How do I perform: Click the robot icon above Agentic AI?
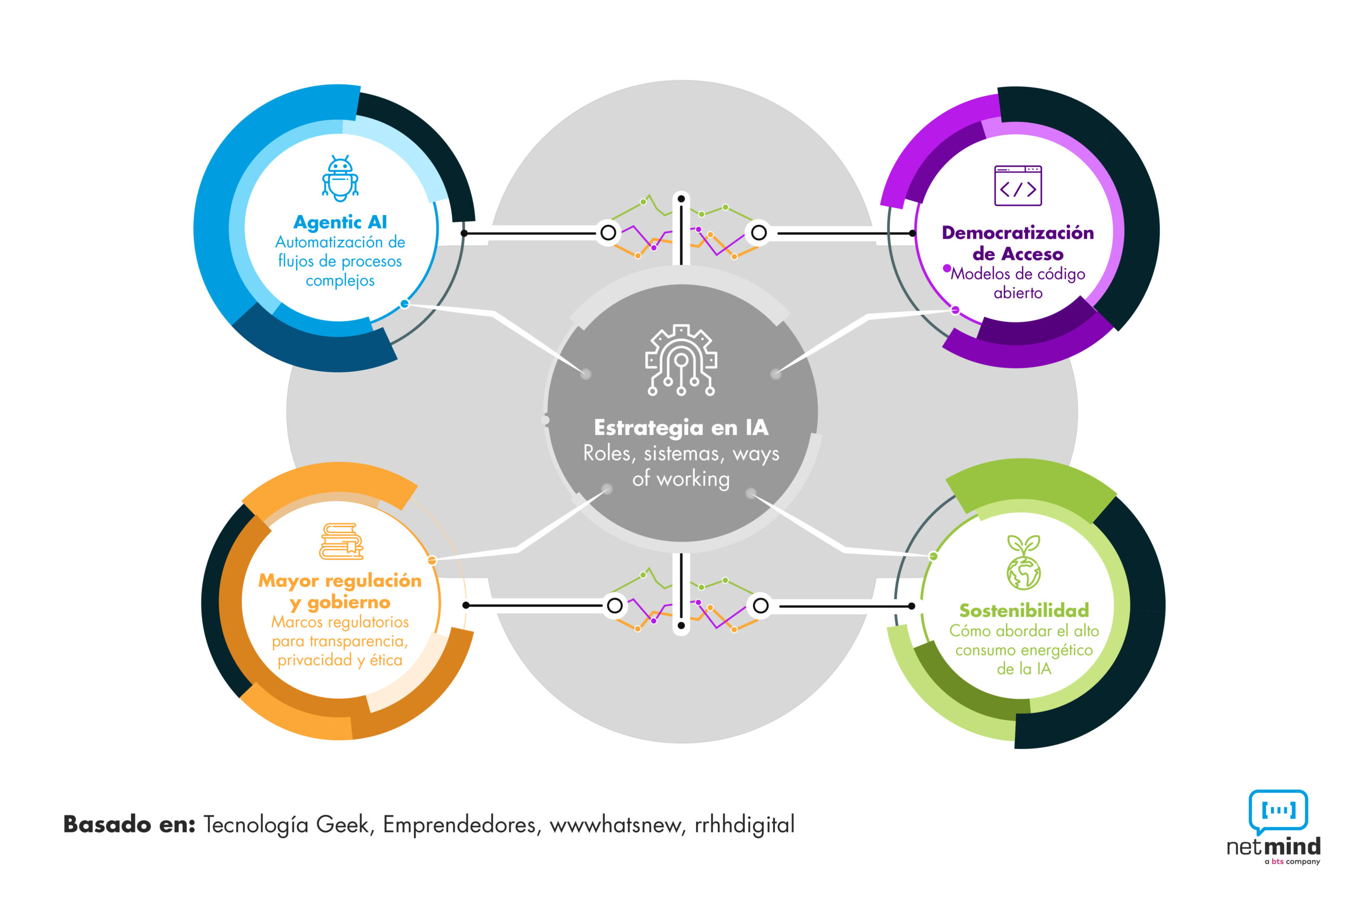(340, 178)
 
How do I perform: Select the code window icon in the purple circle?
(1017, 185)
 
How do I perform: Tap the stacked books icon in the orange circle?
(341, 542)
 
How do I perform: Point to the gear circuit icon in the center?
(681, 360)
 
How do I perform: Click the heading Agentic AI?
(340, 222)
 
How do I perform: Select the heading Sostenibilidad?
(1023, 610)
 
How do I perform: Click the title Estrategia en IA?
(681, 427)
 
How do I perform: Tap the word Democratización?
(1017, 232)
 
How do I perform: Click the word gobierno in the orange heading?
(348, 603)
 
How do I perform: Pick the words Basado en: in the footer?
(129, 824)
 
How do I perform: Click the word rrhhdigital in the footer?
(744, 824)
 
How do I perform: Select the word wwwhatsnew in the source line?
(615, 824)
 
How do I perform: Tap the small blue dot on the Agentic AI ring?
(405, 303)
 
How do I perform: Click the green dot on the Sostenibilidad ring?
(932, 556)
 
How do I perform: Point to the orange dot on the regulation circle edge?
(432, 560)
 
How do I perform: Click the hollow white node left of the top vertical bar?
(608, 232)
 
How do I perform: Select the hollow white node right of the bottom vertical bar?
(760, 605)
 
